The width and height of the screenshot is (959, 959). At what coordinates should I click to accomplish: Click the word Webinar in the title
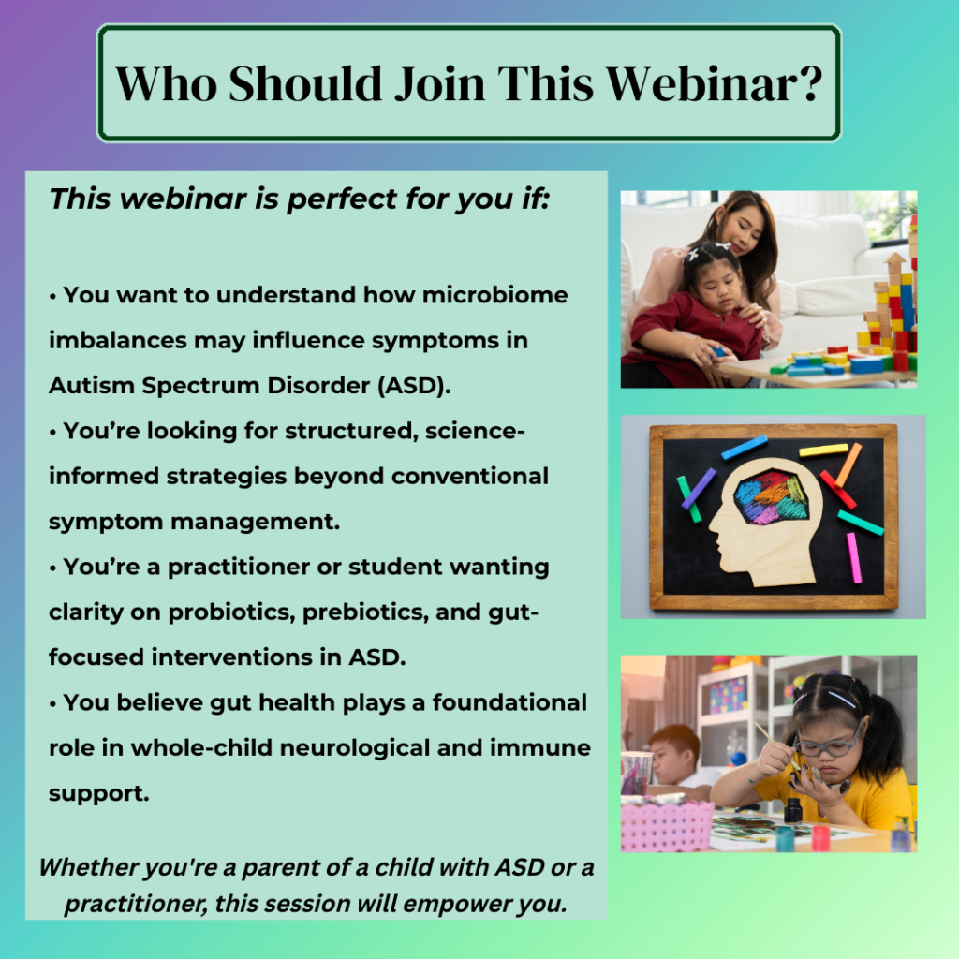point(701,83)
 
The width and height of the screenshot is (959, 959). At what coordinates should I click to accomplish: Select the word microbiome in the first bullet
point(494,295)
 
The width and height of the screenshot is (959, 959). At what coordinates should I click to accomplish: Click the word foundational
point(509,702)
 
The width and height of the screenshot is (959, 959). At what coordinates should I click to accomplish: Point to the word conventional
point(470,476)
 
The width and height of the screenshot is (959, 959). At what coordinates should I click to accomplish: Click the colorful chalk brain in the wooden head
point(771,496)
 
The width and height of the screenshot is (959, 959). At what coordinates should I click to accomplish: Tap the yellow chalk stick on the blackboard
point(823,450)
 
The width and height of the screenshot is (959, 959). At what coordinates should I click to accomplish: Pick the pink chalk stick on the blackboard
point(854,557)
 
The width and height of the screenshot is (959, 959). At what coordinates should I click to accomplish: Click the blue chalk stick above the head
point(745,447)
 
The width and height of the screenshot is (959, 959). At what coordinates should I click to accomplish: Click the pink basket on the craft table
point(666,826)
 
